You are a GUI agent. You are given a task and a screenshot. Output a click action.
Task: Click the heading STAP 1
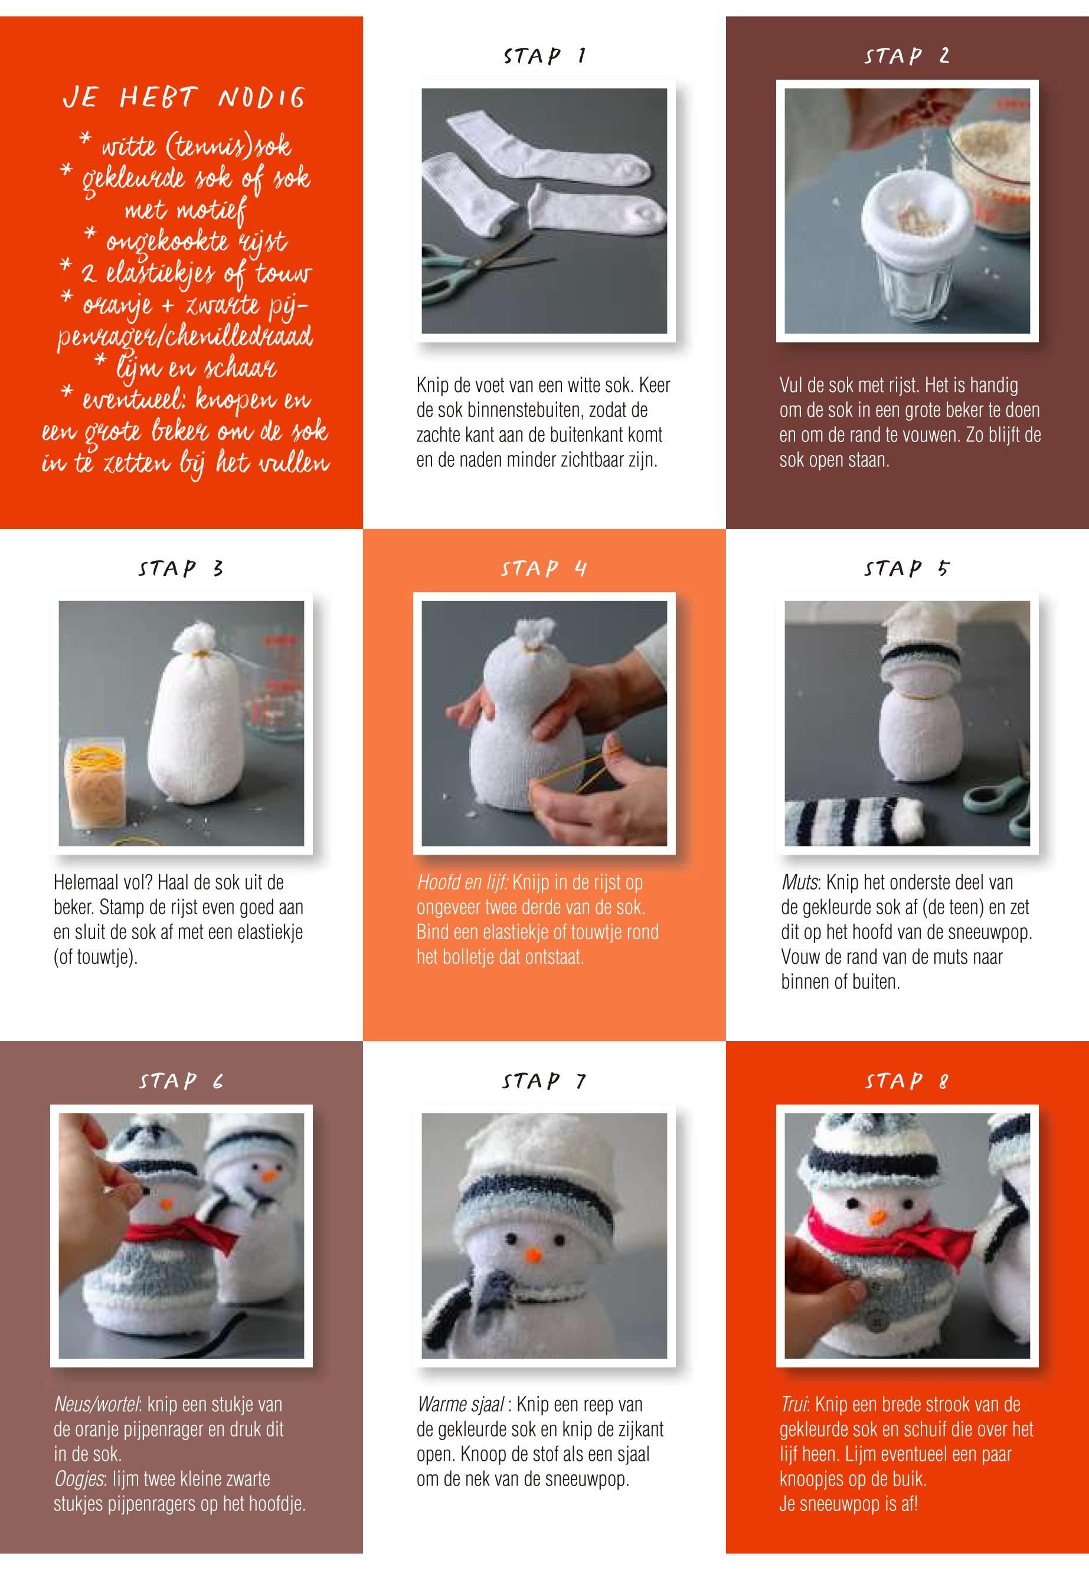pos(544,55)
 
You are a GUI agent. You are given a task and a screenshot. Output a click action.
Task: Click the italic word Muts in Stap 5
pos(799,882)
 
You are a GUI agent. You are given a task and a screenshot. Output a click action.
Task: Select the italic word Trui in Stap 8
pos(793,1404)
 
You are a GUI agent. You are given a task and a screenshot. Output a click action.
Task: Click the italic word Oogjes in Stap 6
pos(77,1479)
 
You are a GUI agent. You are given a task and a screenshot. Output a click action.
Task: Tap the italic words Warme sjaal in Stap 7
pos(461,1404)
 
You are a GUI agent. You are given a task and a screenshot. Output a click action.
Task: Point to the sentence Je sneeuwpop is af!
pos(849,1504)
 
